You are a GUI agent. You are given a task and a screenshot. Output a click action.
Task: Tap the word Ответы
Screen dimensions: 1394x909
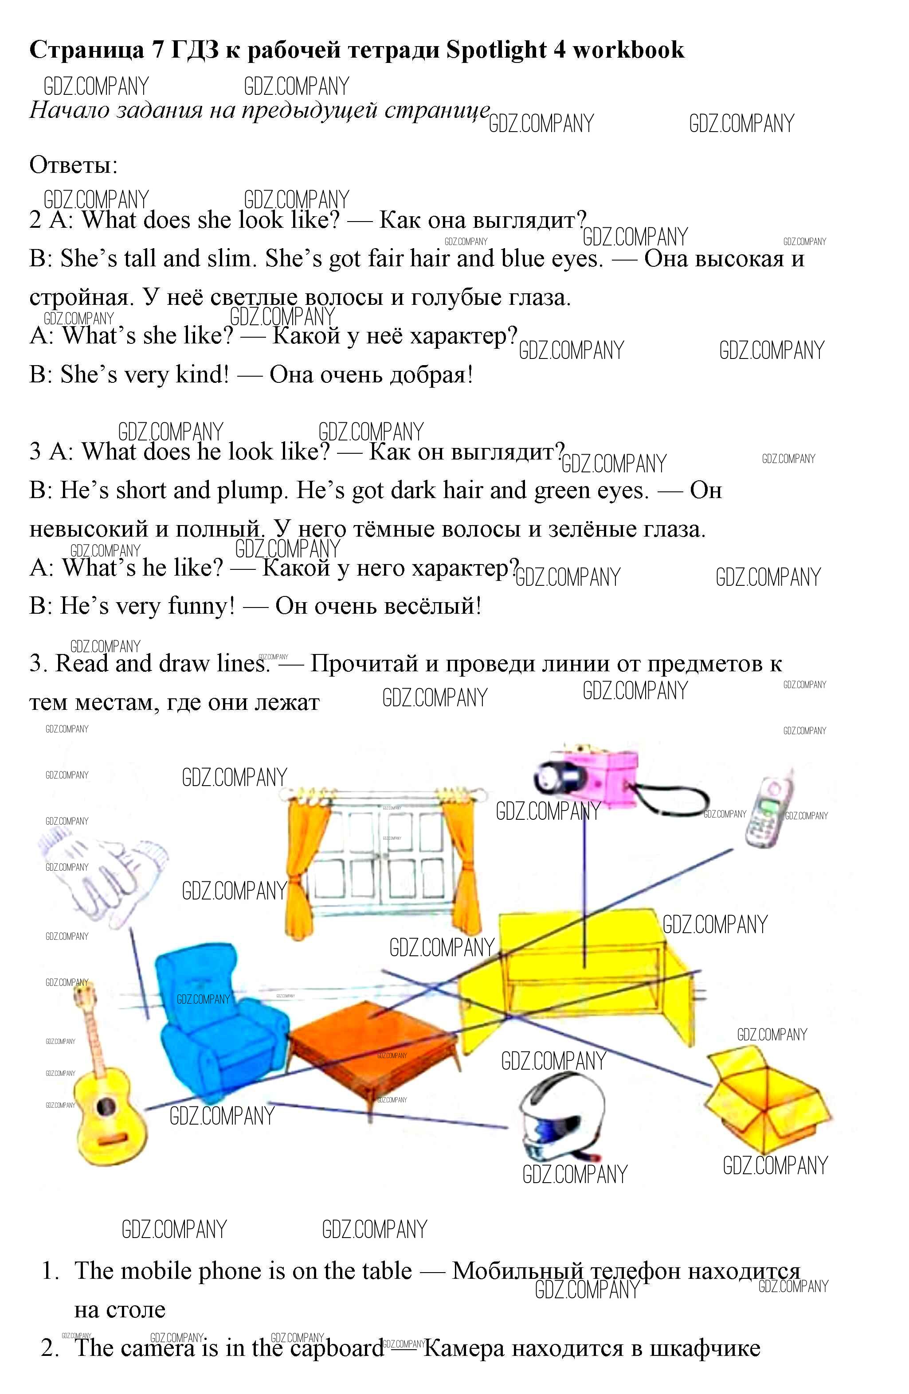pyautogui.click(x=73, y=165)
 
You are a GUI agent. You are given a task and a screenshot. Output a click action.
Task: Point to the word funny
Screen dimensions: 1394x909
pyautogui.click(x=201, y=606)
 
